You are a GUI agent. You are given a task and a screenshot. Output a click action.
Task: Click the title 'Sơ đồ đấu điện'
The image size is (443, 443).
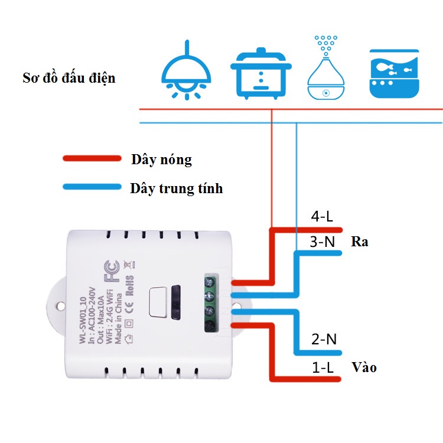coord(69,78)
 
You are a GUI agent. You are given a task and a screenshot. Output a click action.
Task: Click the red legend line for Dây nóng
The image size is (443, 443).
coord(92,159)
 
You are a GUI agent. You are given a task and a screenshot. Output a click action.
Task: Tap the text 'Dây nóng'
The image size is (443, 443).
coord(162,159)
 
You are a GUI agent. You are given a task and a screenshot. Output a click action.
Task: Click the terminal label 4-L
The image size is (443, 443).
coord(322,217)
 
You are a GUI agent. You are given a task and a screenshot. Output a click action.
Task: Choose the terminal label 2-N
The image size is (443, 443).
coord(324,339)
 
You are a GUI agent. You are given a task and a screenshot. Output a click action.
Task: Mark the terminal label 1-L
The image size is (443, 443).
coord(323,367)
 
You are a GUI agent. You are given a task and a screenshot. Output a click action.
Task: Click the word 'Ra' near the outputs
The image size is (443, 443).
coord(359,242)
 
